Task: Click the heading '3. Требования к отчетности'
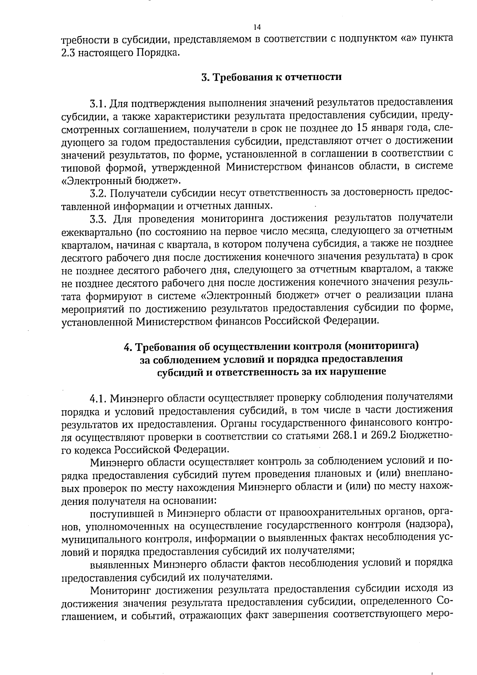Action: point(271,77)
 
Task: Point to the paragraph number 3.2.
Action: point(98,194)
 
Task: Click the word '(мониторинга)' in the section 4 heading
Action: point(382,346)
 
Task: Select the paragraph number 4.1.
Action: point(98,397)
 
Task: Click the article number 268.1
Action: point(344,436)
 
